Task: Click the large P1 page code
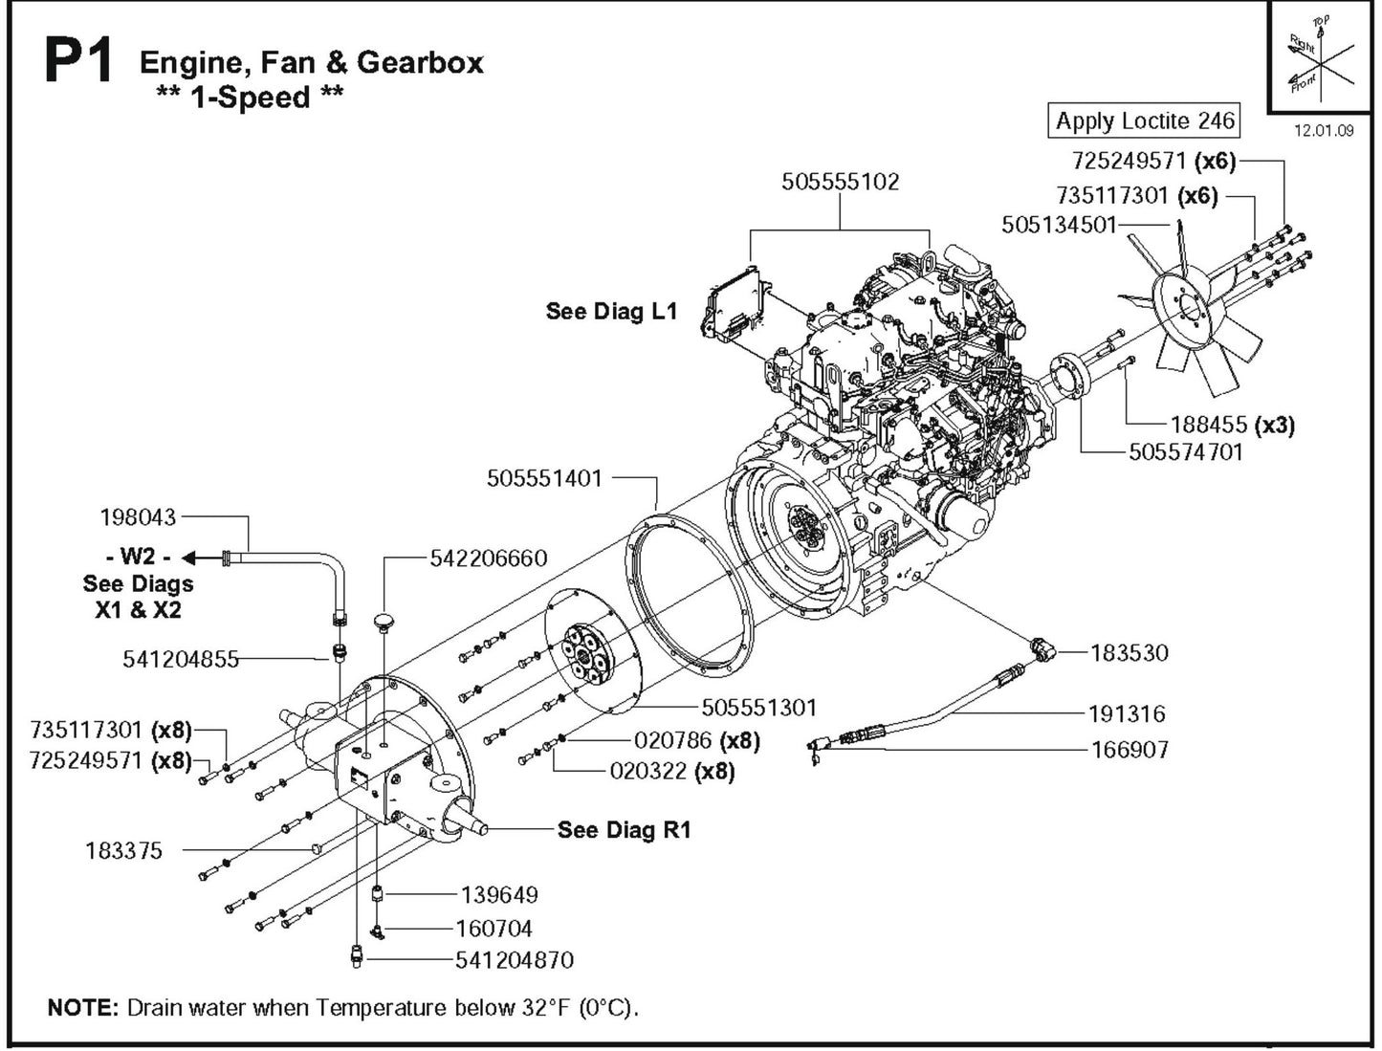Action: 78,64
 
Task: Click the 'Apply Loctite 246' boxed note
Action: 1144,121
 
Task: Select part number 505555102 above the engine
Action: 840,182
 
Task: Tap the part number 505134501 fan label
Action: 1059,224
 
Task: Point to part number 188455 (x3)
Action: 1232,425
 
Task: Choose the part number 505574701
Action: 1185,452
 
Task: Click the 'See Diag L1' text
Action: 611,311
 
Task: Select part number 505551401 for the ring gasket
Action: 544,478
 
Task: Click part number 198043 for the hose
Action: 139,517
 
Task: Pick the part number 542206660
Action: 489,558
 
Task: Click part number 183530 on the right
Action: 1130,653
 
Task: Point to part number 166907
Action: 1130,750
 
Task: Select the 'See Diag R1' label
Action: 624,830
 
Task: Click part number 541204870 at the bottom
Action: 515,959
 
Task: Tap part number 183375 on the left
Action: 123,850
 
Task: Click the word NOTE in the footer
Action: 82,1008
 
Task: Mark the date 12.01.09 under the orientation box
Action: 1324,131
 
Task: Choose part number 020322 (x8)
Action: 671,771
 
